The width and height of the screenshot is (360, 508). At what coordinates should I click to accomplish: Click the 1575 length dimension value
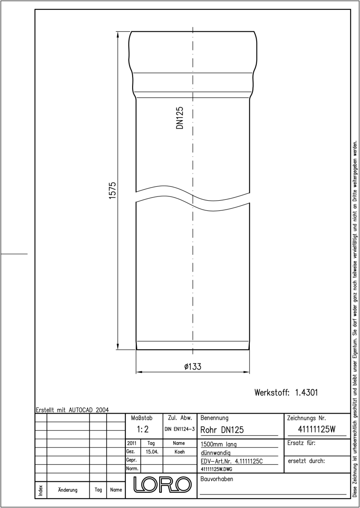pos(113,190)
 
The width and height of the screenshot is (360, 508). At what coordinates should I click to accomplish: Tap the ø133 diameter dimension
pos(193,367)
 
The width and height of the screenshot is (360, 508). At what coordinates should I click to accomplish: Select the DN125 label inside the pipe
pos(180,118)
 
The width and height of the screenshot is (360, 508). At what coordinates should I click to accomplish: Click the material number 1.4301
pos(307,392)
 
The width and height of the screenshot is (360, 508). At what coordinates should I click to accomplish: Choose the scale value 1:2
pos(143,429)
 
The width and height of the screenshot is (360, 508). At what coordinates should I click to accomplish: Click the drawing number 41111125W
pos(316,429)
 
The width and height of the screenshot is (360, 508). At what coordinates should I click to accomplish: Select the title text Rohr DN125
pos(222,430)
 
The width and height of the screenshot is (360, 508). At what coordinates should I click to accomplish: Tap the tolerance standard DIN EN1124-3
pos(180,429)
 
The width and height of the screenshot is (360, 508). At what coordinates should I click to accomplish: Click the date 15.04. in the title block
pos(152,452)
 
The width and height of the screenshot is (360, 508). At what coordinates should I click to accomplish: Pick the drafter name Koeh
pos(180,452)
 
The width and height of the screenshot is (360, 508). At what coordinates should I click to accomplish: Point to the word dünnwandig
pos(216,453)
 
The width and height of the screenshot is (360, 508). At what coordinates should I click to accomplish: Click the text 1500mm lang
pos(219,444)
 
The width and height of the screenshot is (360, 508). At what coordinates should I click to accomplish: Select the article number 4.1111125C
pos(249,461)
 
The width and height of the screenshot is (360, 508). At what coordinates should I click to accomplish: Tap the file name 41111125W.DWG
pos(216,469)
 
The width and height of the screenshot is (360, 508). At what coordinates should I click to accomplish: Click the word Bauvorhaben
pos(216,479)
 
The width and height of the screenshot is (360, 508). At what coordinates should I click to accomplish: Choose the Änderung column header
pos(68,490)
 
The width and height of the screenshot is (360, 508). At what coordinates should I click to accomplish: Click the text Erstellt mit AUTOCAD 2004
pos(72,410)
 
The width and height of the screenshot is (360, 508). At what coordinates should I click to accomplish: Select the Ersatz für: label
pos(301,443)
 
